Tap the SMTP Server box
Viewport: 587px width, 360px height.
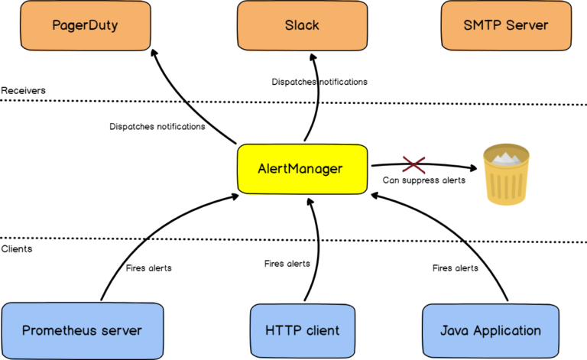coord(505,25)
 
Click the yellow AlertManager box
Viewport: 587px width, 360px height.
coord(300,169)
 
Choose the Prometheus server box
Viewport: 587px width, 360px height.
coord(82,330)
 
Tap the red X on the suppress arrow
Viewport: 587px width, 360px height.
coord(413,164)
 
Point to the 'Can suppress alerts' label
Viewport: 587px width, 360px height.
coord(423,181)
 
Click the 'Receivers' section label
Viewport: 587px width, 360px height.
coord(24,90)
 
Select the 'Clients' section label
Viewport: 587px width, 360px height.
coord(17,249)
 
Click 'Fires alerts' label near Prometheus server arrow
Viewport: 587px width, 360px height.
coord(148,268)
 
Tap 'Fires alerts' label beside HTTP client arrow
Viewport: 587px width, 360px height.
coord(287,264)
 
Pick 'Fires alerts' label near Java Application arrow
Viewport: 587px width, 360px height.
coord(456,268)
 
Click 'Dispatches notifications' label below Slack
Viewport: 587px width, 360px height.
coord(319,81)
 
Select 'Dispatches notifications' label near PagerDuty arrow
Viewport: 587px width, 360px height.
coord(157,126)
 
